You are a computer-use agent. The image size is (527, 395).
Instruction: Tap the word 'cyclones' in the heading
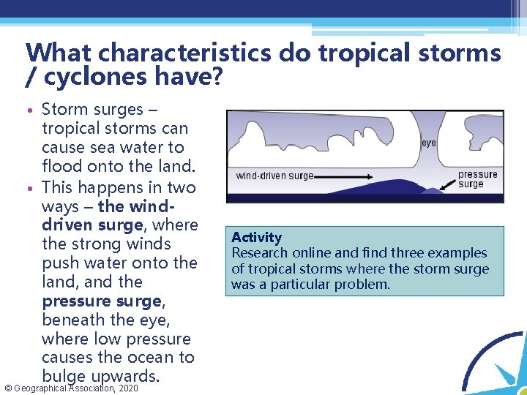(78, 75)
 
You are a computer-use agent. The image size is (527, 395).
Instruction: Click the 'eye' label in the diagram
(429, 143)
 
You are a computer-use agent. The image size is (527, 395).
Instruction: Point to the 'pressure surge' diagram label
(477, 178)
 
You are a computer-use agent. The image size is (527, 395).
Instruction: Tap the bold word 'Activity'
(256, 237)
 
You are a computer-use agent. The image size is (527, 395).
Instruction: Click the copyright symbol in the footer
(7, 388)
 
